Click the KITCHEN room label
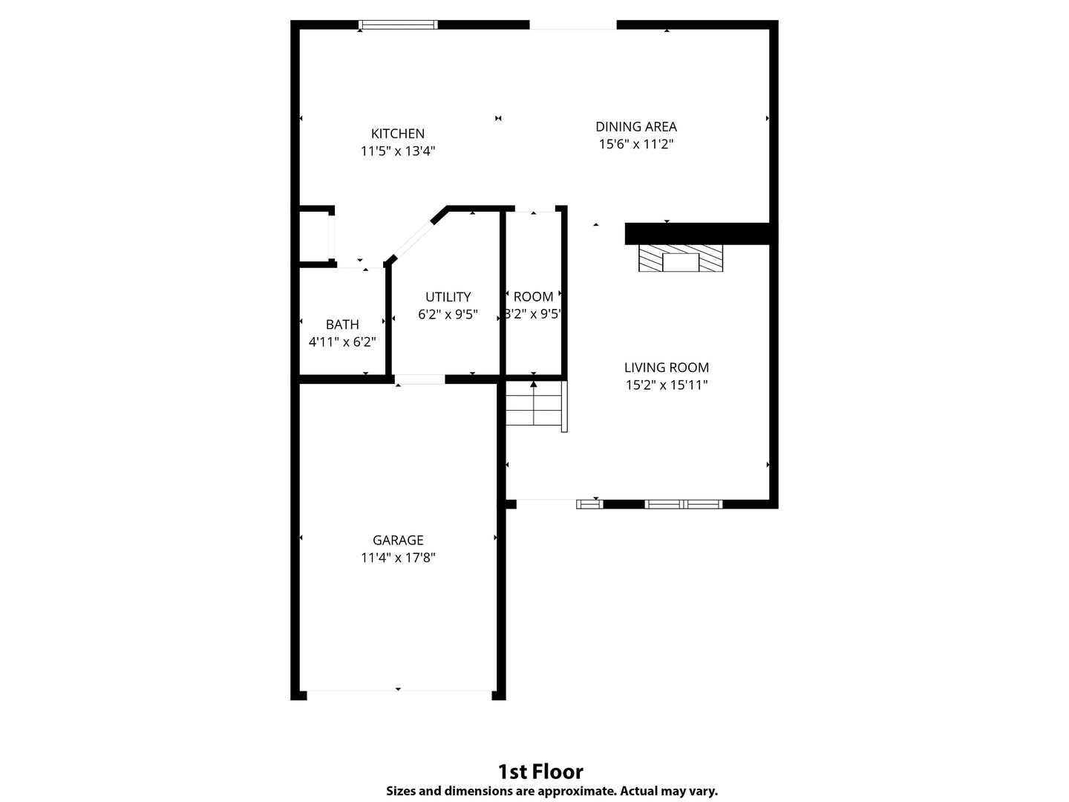coord(398,134)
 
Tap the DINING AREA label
coord(636,127)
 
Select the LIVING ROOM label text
coord(666,368)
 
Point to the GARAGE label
coord(398,541)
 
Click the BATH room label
coord(342,325)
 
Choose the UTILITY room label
coord(448,297)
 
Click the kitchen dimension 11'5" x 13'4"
coord(398,151)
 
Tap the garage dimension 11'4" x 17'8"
coord(398,558)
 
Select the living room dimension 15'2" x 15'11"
coord(666,385)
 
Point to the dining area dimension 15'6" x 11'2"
coord(636,144)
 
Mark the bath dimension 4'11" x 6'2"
coord(342,342)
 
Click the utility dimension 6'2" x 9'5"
coord(448,315)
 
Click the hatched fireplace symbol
coord(680,258)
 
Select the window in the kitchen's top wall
coord(398,25)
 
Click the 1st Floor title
coord(540,771)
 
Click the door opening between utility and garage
coord(419,379)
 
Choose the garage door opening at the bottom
coord(399,694)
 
